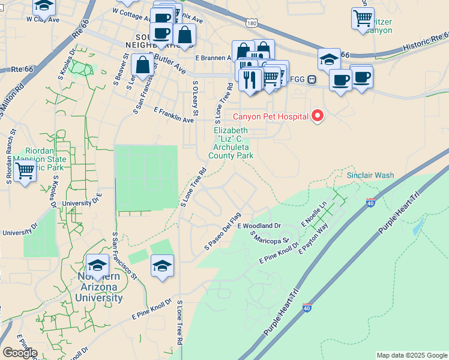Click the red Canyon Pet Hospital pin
click(316, 116)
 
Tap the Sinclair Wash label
click(370, 175)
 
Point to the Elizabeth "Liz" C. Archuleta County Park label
click(231, 143)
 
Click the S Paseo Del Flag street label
click(222, 230)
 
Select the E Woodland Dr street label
click(259, 226)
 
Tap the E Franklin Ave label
click(173, 115)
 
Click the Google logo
click(20, 353)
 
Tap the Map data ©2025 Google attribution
click(411, 355)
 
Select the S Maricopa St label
click(270, 238)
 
